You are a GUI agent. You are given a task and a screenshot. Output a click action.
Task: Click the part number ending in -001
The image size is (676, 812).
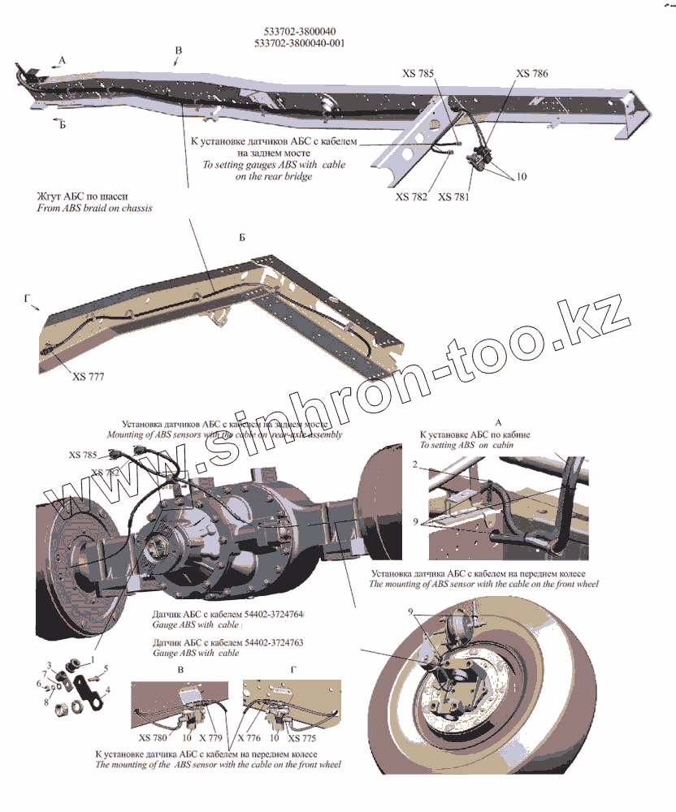coord(298,43)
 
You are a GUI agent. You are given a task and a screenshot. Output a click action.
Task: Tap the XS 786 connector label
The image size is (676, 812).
coord(532,74)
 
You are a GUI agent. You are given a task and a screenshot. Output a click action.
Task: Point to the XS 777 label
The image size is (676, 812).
coord(88,377)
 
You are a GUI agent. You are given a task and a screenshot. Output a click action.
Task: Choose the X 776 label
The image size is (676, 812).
coord(249,738)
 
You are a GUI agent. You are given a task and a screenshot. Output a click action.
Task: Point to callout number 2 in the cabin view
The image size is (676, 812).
coord(414,465)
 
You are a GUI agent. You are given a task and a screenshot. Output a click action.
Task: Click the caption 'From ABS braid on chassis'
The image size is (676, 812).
coord(94,208)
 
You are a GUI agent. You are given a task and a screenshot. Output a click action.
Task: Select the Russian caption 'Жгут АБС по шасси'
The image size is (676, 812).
coord(81,197)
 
